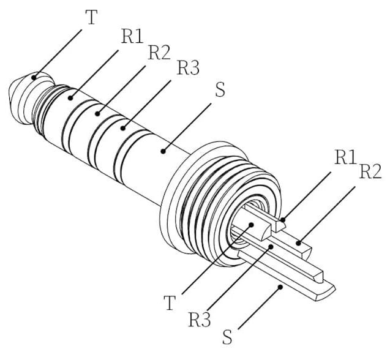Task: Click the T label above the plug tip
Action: (92, 17)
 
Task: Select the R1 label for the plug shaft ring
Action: (132, 37)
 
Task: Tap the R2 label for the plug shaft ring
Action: (159, 53)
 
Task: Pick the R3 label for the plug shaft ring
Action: (188, 67)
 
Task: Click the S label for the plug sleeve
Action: (220, 89)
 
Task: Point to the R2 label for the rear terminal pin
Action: (370, 171)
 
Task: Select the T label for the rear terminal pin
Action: (170, 303)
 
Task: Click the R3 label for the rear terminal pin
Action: (200, 320)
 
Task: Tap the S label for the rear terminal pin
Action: (227, 337)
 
